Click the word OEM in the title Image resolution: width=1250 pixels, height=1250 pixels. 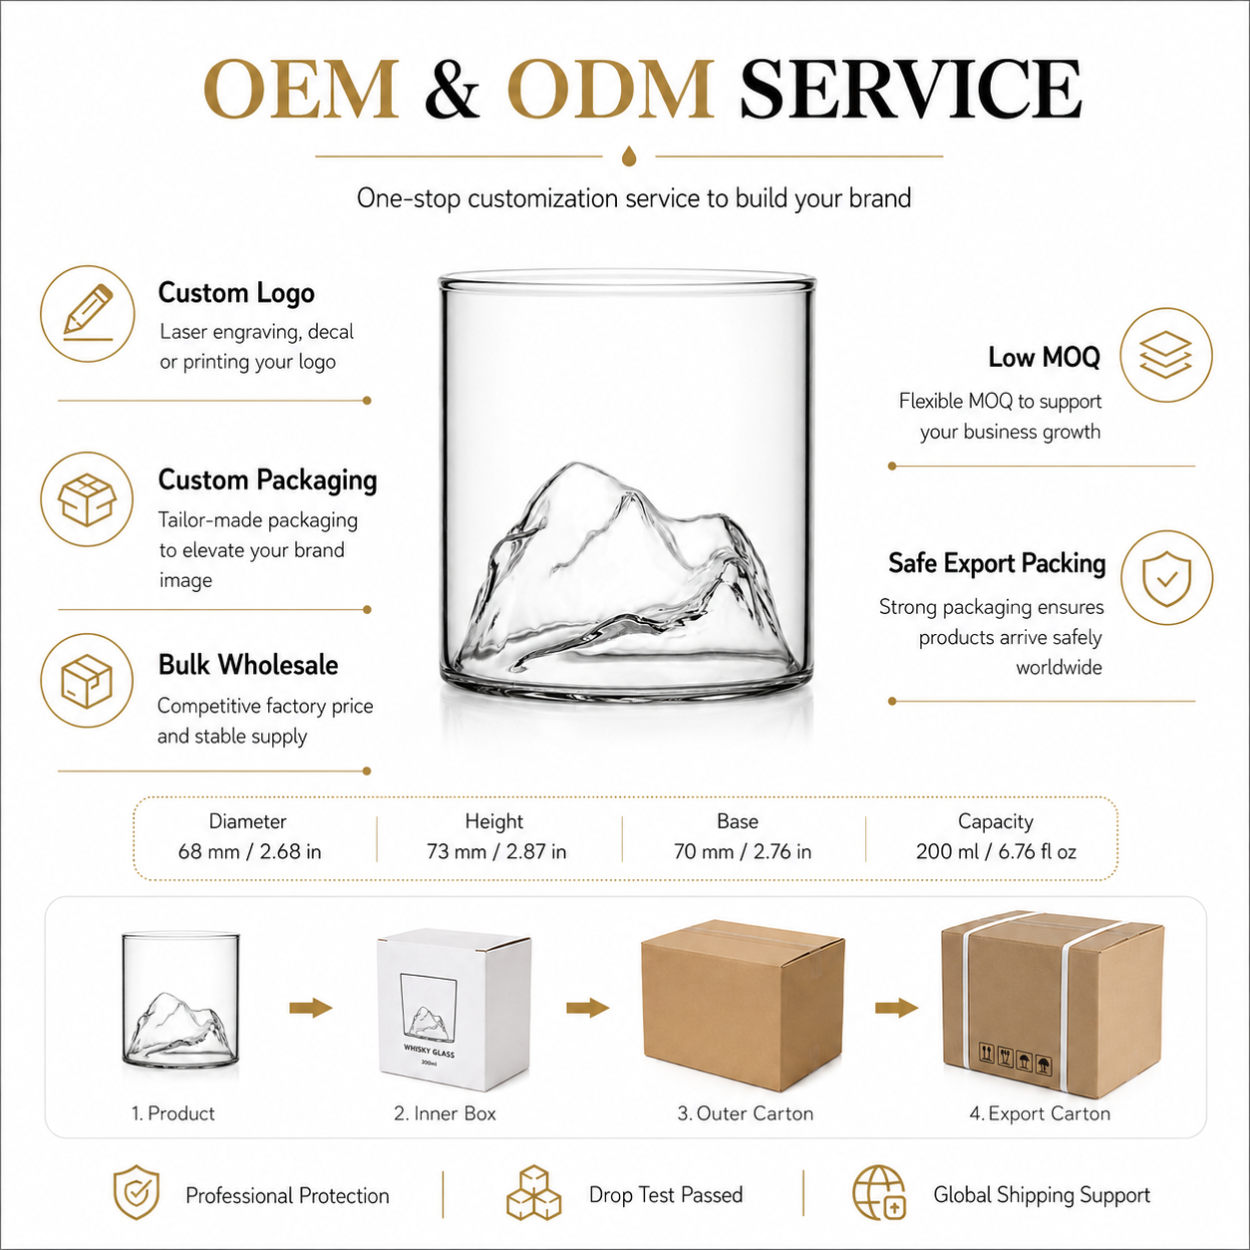[301, 89]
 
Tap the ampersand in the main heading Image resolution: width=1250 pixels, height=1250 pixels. [453, 89]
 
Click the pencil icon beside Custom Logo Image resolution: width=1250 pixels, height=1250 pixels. [89, 313]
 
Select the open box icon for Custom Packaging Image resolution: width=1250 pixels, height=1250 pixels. [87, 498]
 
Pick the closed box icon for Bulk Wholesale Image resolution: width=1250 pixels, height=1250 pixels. [87, 681]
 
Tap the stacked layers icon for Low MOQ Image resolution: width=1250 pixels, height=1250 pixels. [1165, 354]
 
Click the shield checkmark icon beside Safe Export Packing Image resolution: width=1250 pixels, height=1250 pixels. [1166, 578]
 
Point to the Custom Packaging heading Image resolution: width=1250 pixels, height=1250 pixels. [267, 480]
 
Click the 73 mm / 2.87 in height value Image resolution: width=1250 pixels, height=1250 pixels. [496, 851]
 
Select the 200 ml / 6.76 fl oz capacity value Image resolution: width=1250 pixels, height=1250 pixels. [996, 851]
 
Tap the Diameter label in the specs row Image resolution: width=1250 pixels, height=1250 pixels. [248, 821]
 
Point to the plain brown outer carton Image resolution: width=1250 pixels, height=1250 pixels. [743, 1006]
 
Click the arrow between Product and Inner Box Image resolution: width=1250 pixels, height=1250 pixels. [311, 1008]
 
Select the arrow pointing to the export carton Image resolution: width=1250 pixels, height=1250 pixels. [896, 1008]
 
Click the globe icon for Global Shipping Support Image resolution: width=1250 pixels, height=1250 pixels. [879, 1192]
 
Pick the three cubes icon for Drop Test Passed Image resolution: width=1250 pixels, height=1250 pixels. [533, 1192]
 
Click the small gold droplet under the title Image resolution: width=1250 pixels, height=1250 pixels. [628, 156]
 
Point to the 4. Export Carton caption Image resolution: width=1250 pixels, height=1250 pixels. [1040, 1113]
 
